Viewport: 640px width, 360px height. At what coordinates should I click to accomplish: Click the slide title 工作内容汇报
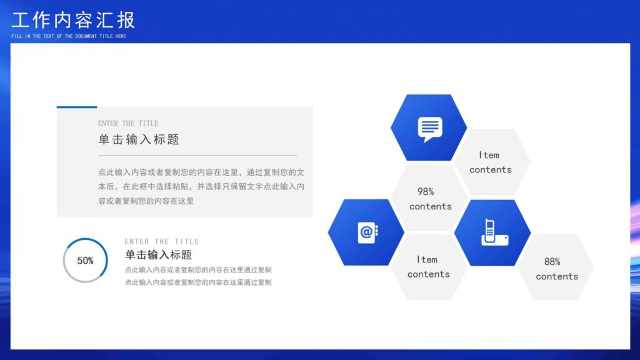73,20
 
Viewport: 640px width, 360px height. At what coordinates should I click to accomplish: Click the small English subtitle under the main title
69,36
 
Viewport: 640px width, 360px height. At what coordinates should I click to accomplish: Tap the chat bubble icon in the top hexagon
429,129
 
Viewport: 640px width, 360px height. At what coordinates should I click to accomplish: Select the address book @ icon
367,232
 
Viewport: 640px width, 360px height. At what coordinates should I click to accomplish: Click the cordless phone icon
493,232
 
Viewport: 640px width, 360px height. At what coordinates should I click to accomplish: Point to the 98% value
426,192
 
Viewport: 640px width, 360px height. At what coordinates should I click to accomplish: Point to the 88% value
552,262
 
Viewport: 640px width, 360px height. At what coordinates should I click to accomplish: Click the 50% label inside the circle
85,261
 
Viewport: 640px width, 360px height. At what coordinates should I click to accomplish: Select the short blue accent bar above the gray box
77,107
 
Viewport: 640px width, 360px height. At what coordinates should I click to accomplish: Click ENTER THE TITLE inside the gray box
128,124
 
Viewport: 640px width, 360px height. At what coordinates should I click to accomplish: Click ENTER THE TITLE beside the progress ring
161,241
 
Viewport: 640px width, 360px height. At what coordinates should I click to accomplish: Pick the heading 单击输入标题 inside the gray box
139,139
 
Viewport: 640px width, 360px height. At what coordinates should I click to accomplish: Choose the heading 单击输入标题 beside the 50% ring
158,255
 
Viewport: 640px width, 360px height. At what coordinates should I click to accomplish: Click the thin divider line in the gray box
197,155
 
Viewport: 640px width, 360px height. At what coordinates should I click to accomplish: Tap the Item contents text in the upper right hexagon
490,162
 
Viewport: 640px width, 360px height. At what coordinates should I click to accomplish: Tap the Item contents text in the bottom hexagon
428,267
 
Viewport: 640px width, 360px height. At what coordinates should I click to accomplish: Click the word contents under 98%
430,206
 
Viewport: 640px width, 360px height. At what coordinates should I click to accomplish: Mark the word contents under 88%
556,276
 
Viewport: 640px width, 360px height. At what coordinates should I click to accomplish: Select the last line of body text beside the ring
198,282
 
